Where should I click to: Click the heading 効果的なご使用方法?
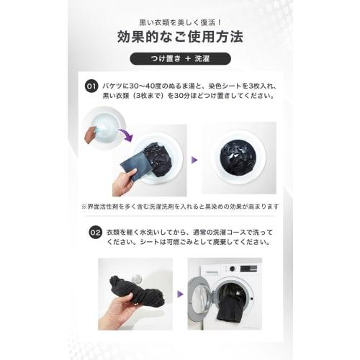[179, 36]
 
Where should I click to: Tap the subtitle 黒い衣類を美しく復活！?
[179, 16]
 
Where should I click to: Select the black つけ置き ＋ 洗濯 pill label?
[179, 59]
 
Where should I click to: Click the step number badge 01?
[91, 86]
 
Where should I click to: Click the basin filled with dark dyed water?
[238, 158]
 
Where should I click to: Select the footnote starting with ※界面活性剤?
[180, 206]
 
